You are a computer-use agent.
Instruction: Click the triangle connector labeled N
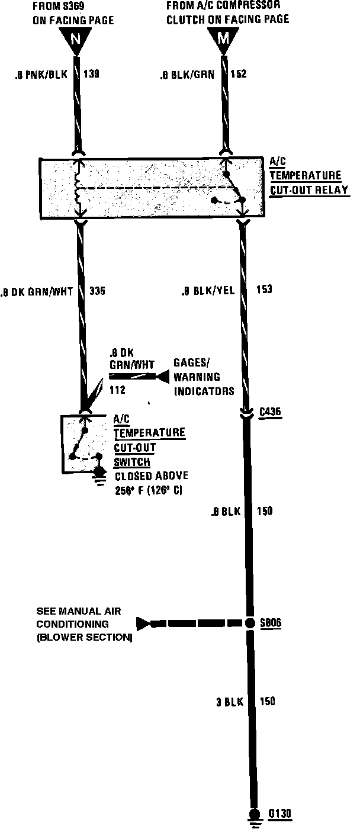(x=75, y=40)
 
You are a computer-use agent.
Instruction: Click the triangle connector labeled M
(x=223, y=40)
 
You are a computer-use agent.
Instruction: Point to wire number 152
(x=239, y=75)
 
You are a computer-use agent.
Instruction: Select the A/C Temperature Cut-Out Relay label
(x=308, y=176)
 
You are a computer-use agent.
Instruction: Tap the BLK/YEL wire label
(x=207, y=291)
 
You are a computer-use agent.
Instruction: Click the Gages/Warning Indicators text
(x=197, y=377)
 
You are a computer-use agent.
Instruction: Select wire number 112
(x=117, y=390)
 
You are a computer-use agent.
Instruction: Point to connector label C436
(x=272, y=410)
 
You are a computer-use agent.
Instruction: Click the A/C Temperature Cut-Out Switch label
(x=148, y=441)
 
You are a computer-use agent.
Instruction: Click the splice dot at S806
(x=249, y=623)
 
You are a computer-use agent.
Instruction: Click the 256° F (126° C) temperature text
(x=149, y=490)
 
